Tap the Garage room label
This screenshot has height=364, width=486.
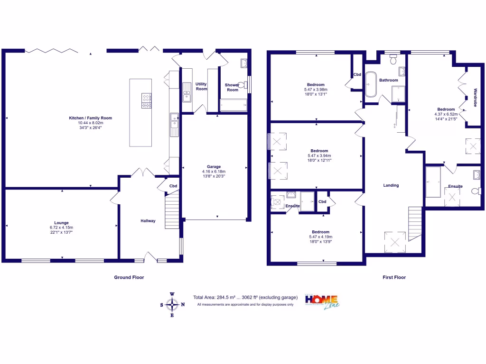(214, 167)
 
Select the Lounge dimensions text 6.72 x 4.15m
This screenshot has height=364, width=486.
(61, 227)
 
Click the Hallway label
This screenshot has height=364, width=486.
(148, 221)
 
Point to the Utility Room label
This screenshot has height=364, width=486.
(201, 86)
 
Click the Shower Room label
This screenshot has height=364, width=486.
(232, 87)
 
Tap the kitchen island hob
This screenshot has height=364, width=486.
(146, 99)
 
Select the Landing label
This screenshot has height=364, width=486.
(391, 185)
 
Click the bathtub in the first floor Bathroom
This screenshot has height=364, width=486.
(370, 84)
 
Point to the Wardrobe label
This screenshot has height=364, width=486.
(475, 97)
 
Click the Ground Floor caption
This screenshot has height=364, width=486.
(129, 277)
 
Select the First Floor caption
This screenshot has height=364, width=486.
(394, 277)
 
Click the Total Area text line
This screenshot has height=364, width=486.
(245, 298)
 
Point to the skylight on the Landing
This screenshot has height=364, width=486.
(395, 242)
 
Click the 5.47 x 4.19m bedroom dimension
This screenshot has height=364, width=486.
(320, 237)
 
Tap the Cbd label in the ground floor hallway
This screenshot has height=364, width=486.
(173, 186)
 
